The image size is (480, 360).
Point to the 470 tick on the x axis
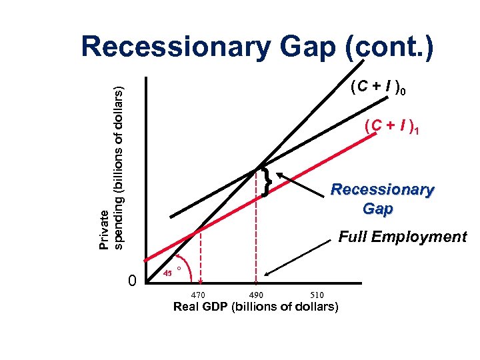pos(198,295)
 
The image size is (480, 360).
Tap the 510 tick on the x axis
pos(318,295)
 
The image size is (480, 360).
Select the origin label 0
pos(131,282)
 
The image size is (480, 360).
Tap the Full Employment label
pos(403,237)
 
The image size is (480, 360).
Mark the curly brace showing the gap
pos(267,182)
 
